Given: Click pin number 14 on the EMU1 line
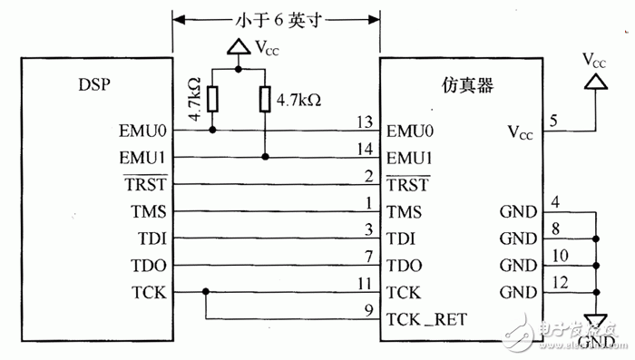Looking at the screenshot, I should click(366, 149).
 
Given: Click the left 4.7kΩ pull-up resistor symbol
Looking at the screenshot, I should click(213, 99).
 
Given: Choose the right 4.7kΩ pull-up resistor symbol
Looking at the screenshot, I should click(265, 99).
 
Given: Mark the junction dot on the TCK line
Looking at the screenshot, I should click(208, 292).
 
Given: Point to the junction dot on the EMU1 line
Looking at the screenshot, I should click(265, 157).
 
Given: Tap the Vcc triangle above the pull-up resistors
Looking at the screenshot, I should click(236, 48).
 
